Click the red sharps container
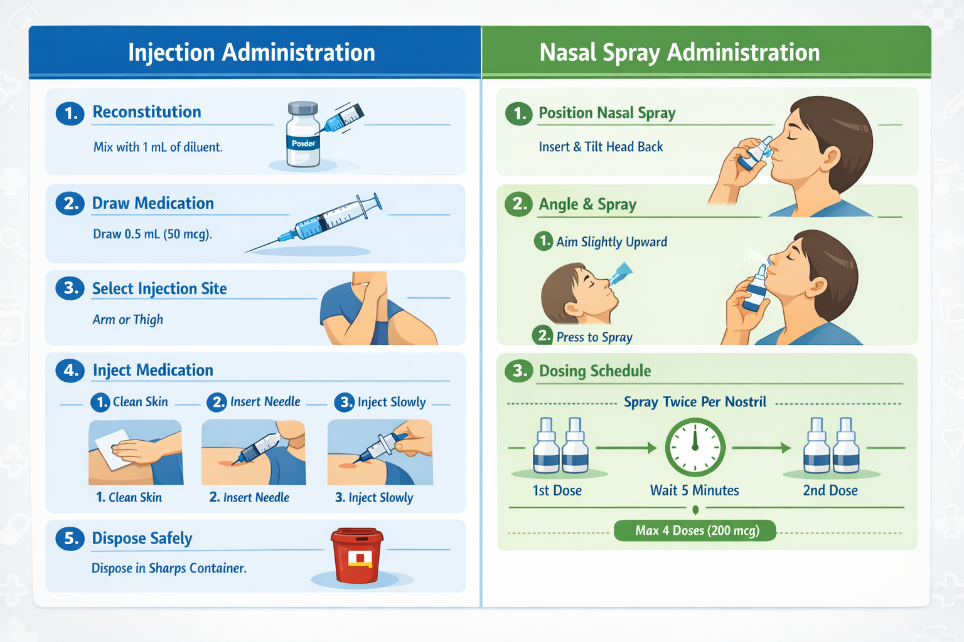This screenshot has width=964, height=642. (x=356, y=555)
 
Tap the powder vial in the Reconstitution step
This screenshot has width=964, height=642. (x=303, y=134)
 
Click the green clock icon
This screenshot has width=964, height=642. (x=695, y=447)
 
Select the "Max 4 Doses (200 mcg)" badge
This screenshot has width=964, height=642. (x=695, y=530)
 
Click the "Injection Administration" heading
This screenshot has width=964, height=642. (x=252, y=53)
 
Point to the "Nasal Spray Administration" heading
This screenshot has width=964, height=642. (x=680, y=53)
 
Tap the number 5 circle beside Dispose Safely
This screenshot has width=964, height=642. (x=70, y=539)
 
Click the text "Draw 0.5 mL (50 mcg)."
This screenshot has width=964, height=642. (x=153, y=234)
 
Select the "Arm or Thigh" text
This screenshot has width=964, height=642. (x=128, y=320)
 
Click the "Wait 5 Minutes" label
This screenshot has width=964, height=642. (x=695, y=490)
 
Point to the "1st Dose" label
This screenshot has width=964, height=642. (x=557, y=490)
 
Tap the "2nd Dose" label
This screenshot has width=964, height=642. (x=830, y=490)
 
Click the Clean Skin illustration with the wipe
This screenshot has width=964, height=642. (x=136, y=453)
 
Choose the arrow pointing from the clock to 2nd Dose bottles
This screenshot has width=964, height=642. (x=761, y=448)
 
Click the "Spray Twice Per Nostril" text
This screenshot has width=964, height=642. (x=695, y=402)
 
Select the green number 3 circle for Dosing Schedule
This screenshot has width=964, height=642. (x=519, y=371)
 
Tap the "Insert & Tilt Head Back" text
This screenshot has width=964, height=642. (x=601, y=147)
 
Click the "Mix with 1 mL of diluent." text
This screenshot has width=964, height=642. (x=158, y=147)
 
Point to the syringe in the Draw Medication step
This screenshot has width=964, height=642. (x=314, y=223)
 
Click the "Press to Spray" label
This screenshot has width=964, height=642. (x=594, y=337)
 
